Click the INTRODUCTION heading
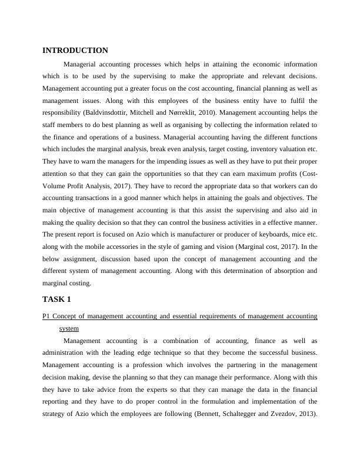[75, 51]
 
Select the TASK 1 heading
[56, 299]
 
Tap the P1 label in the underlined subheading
[47, 317]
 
